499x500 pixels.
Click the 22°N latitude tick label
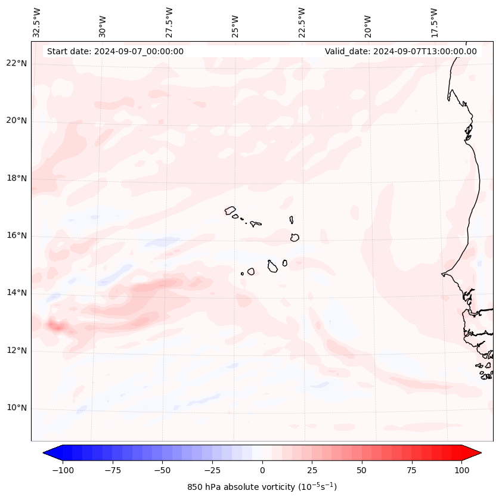click(x=17, y=63)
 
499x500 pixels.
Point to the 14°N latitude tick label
click(x=17, y=293)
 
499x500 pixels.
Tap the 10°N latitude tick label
click(x=17, y=408)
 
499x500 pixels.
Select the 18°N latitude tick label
click(x=17, y=178)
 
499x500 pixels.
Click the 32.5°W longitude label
click(x=37, y=22)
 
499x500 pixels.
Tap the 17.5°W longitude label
click(x=434, y=22)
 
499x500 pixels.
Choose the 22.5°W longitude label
click(x=302, y=22)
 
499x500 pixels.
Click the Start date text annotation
click(x=115, y=51)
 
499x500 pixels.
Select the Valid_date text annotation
click(x=401, y=51)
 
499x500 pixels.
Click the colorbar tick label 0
click(x=262, y=470)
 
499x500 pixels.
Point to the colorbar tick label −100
click(x=63, y=470)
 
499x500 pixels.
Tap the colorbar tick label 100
click(x=461, y=470)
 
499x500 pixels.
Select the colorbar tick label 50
click(x=362, y=470)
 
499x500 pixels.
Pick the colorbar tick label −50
click(x=162, y=470)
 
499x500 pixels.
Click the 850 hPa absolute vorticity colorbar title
click(x=262, y=487)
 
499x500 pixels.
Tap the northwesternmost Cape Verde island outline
click(x=231, y=210)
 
